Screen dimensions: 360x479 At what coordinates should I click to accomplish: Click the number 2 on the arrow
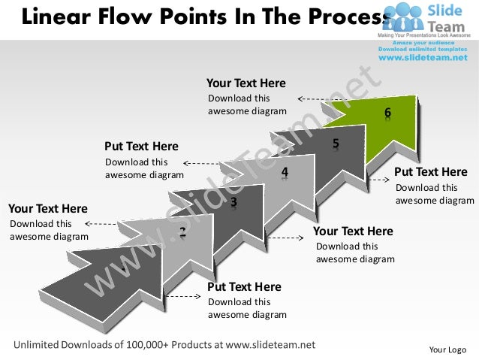(182, 231)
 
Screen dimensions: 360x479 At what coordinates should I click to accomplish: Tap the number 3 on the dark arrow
(234, 201)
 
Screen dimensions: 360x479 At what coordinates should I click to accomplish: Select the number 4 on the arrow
(285, 172)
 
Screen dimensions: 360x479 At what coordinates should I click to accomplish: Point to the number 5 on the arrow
(336, 143)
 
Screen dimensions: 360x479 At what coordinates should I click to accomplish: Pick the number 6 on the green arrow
(387, 113)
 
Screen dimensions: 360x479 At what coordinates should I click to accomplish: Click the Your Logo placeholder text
(447, 349)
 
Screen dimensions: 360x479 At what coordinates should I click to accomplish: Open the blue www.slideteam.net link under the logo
(425, 58)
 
